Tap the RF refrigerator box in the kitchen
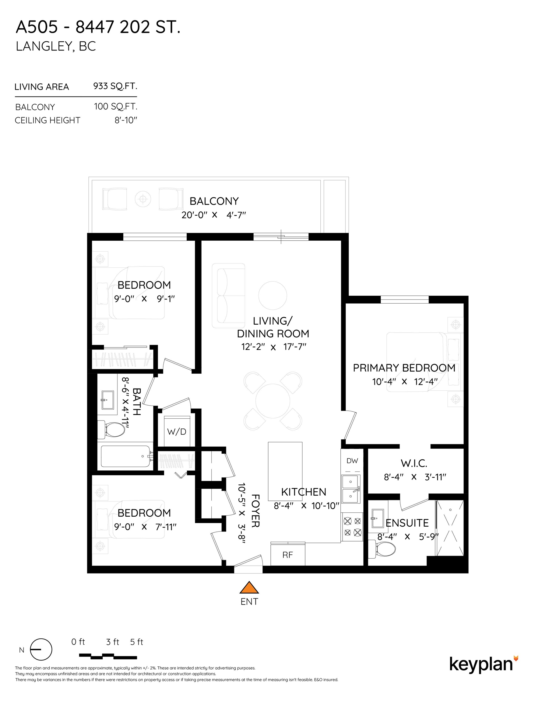pos(287,555)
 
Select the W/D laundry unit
pos(177,431)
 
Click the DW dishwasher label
pos(352,461)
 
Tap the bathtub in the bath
pos(125,456)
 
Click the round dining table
pos(273,401)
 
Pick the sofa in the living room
pos(228,296)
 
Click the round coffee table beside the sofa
pos(273,296)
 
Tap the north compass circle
pos(41,649)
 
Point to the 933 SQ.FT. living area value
pos(115,86)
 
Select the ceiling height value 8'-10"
pos(126,120)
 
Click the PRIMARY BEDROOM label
pos(404,368)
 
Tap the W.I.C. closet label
pos(414,463)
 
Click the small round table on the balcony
pos(143,199)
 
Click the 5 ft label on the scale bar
pos(136,642)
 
